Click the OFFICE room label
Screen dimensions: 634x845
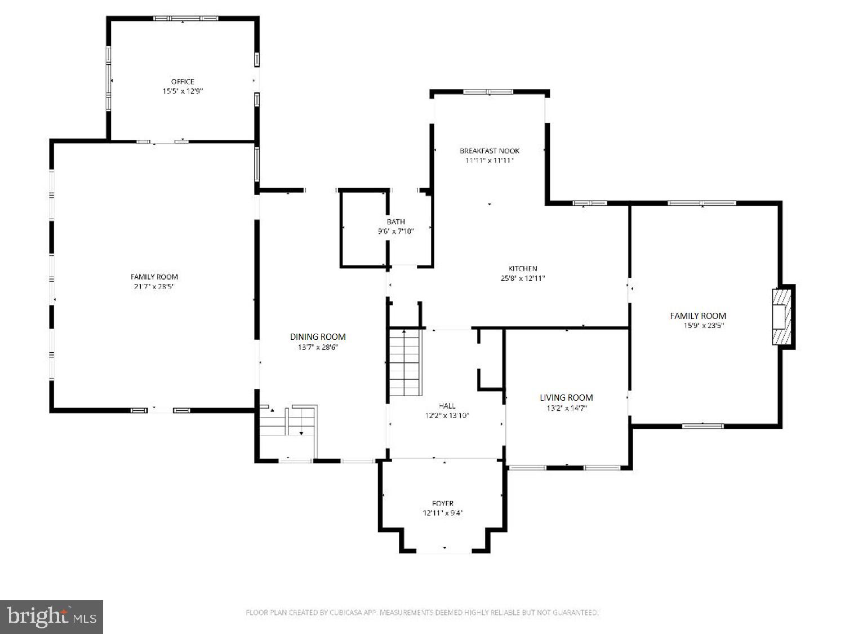(x=183, y=82)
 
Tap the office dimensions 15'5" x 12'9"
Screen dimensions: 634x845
(x=183, y=91)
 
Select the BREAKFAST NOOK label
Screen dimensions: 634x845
(x=490, y=150)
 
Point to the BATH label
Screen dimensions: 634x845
(x=395, y=221)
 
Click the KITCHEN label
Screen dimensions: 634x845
(x=523, y=269)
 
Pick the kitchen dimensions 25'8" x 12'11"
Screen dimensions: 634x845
(x=523, y=278)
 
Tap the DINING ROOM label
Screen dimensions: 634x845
(x=318, y=336)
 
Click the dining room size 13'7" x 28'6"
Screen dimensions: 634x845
(x=318, y=347)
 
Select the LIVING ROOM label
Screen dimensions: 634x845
(x=566, y=397)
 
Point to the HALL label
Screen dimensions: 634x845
(x=447, y=406)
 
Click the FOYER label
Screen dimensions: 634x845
(x=443, y=503)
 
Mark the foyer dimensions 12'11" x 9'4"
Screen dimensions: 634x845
(x=443, y=513)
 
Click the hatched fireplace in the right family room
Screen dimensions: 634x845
(x=781, y=316)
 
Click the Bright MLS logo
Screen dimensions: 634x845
(x=51, y=617)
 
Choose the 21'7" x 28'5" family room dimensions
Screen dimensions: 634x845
(x=154, y=286)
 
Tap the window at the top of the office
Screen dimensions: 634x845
(x=185, y=19)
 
